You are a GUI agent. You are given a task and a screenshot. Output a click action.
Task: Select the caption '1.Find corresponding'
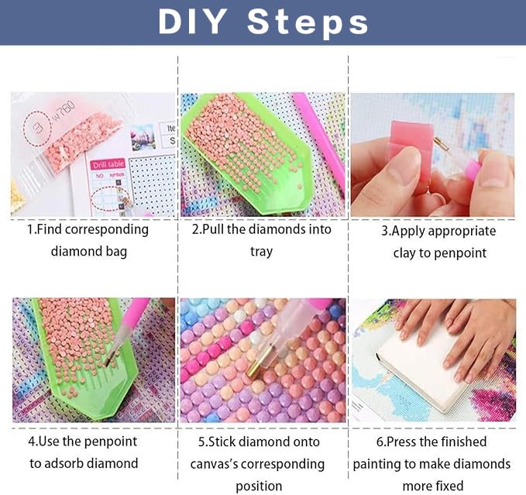[88, 229]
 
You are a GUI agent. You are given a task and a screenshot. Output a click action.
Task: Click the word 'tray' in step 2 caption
[261, 252]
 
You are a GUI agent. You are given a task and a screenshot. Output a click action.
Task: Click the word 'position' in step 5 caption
[259, 486]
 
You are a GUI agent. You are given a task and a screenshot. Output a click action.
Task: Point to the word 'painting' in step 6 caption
[380, 463]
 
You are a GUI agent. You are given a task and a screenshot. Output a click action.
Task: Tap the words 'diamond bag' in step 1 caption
[88, 251]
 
